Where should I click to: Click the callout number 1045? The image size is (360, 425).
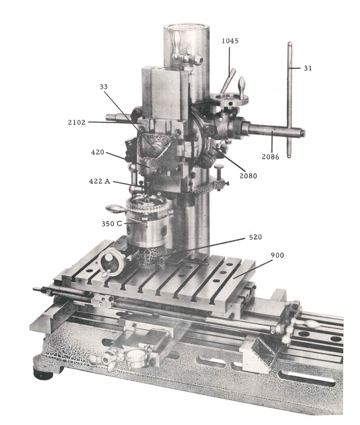point(230,41)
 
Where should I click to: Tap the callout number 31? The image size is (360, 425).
point(308,68)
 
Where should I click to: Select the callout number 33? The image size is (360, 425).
point(103,86)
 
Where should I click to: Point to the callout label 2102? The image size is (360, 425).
point(77,122)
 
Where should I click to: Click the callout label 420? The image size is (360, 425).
point(97,152)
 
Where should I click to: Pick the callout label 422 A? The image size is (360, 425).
point(100,181)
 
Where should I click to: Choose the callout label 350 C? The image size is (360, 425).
point(112,224)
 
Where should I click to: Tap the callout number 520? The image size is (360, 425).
point(255,237)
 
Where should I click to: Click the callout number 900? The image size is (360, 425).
point(277,255)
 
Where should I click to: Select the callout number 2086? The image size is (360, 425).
point(270,157)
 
